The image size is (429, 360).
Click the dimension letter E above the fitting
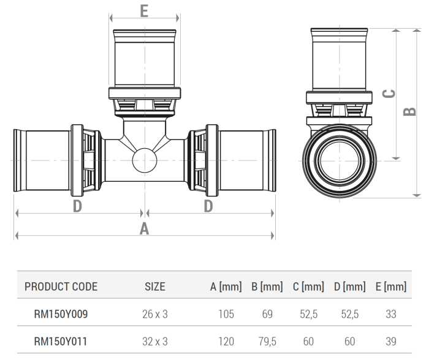pyautogui.click(x=144, y=12)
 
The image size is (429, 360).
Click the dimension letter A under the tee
pyautogui.click(x=145, y=228)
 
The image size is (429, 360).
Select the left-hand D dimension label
pyautogui.click(x=78, y=206)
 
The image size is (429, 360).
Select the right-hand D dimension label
pyautogui.click(x=208, y=206)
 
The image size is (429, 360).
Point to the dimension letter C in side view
pyautogui.click(x=388, y=94)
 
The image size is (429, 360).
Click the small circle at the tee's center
pyautogui.click(x=145, y=160)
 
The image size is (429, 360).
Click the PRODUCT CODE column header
pyautogui.click(x=61, y=287)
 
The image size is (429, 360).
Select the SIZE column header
pyautogui.click(x=155, y=287)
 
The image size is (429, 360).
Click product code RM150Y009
pyautogui.click(x=61, y=314)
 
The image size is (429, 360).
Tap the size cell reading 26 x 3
pyautogui.click(x=155, y=314)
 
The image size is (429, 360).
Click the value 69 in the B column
pyautogui.click(x=268, y=314)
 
